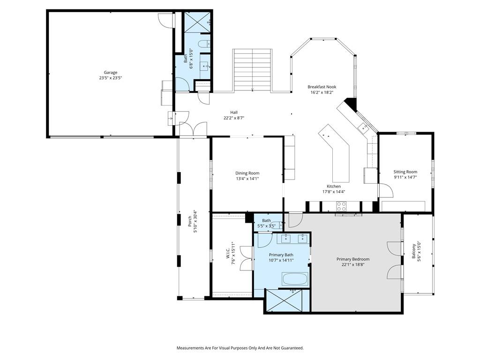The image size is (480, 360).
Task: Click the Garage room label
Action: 110,73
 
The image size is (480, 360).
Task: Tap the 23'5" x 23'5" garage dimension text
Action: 110,78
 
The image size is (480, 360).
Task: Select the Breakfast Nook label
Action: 322,87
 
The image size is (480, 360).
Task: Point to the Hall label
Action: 234,112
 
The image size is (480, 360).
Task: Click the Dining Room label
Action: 247,173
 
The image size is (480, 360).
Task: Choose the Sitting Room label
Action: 405,172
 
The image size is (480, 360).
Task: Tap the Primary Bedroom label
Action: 353,259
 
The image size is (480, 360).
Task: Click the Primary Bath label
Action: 281,255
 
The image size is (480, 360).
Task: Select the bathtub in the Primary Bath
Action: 295,279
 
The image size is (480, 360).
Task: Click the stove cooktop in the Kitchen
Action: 341,206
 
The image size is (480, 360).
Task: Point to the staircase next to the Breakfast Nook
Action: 252,70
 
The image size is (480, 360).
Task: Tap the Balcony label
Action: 413,251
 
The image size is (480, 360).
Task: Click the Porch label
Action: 189,221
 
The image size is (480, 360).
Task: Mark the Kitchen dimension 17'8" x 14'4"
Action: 334,192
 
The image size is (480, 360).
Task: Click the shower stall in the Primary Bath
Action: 285,300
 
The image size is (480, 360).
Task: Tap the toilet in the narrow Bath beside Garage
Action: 204,45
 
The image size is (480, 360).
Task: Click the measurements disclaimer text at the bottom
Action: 240,348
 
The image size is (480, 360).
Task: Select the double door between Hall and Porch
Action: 193,128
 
